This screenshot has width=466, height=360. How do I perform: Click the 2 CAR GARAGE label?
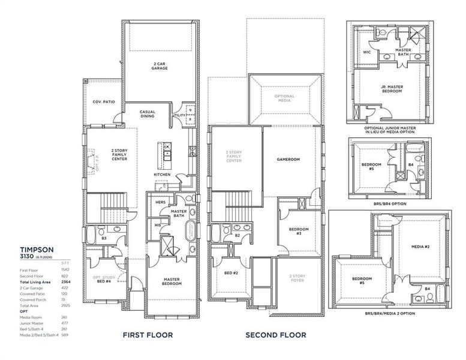point(159,65)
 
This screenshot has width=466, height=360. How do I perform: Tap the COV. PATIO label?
point(104,102)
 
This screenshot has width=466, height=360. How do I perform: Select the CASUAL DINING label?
point(147,113)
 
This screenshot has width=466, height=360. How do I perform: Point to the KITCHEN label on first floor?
point(162,175)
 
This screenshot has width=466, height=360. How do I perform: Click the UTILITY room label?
point(179,115)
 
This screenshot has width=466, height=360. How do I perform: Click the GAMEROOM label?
point(288,160)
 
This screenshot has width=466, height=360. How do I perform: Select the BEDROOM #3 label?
point(298,231)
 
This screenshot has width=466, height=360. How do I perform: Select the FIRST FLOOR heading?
point(148,335)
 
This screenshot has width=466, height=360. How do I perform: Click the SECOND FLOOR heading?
point(276,335)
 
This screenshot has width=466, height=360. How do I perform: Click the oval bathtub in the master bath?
point(190,231)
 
